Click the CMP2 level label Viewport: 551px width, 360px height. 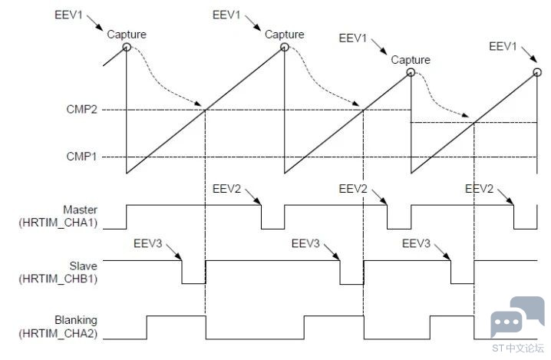coord(81,109)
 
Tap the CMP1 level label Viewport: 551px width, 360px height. coord(81,157)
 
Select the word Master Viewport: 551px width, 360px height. coord(80,210)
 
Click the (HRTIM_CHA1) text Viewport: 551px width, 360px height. coord(58,223)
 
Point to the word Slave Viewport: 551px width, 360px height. coord(84,266)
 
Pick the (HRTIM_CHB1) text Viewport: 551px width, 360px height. coord(58,279)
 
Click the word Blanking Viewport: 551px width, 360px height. coord(76,320)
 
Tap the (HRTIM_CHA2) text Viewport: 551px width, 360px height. coord(58,333)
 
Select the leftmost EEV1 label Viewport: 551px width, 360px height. coord(68,15)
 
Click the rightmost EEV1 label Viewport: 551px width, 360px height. coord(503,46)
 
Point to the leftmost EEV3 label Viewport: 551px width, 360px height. coord(147,243)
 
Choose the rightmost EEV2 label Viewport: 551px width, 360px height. coord(480,189)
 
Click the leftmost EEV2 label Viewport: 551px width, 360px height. coord(226,189)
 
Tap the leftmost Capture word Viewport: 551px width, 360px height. coord(127,35)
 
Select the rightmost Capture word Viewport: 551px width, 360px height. coord(411,60)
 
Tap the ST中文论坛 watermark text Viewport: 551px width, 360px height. coord(518,348)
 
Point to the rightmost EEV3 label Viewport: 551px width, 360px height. coord(416,243)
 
